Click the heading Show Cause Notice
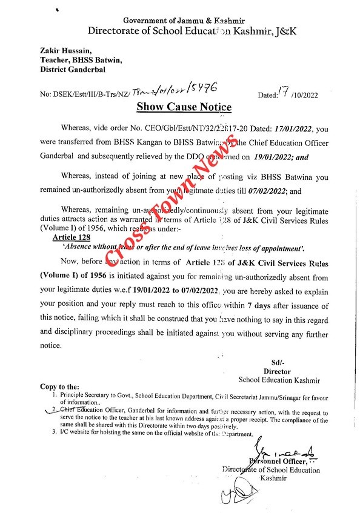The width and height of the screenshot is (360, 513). (x=183, y=107)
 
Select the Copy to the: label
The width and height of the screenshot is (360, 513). (x=60, y=386)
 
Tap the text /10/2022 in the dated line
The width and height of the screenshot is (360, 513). (x=305, y=95)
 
